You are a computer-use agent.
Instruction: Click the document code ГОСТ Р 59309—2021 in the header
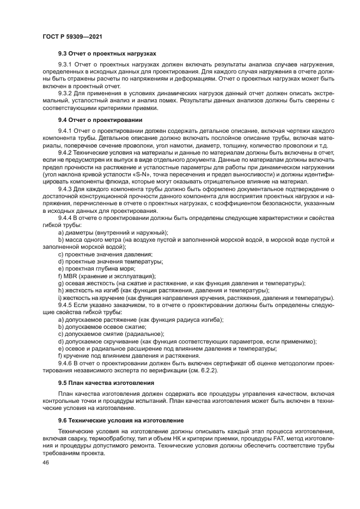(x=72, y=36)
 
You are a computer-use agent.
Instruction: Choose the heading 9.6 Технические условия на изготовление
(x=121, y=420)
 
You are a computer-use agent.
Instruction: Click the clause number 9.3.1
(x=66, y=65)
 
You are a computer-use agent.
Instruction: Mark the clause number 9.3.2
(x=66, y=93)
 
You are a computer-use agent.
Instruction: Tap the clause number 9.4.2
(x=66, y=152)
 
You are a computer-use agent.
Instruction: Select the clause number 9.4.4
(x=66, y=218)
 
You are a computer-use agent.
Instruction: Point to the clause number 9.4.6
(x=66, y=362)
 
